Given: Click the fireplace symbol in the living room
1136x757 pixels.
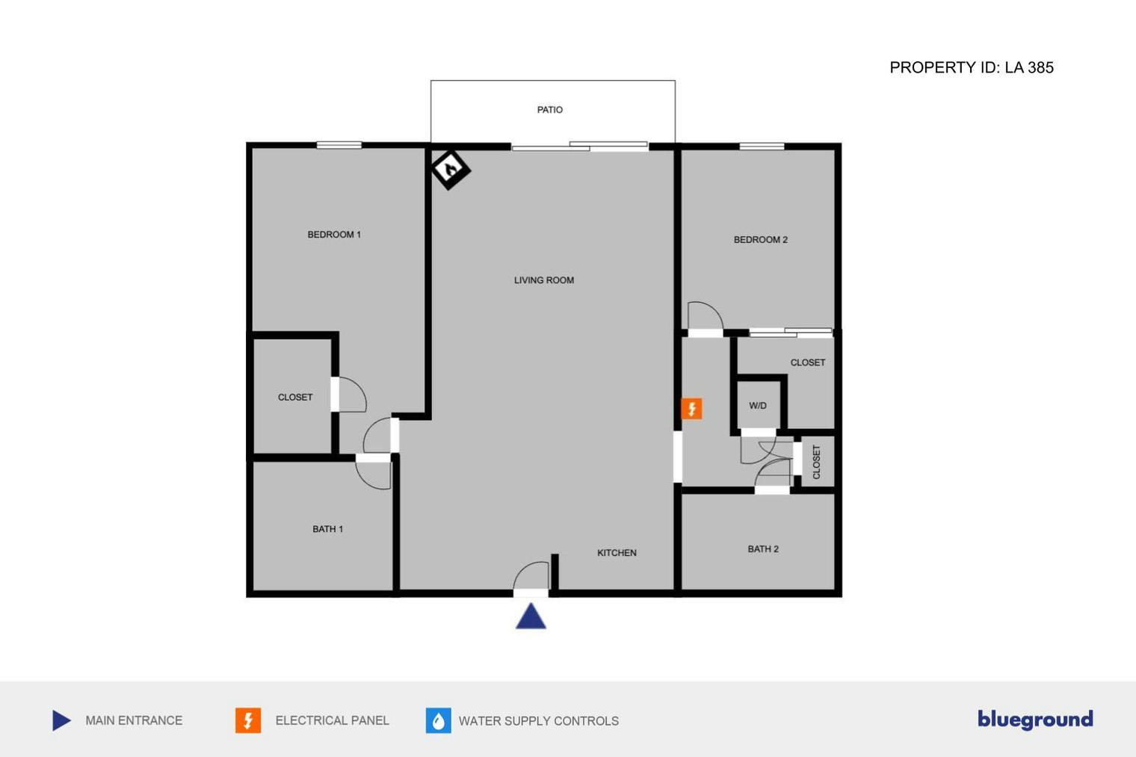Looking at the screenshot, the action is coord(451,170).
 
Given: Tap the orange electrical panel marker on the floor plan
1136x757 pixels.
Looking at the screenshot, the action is coord(692,409).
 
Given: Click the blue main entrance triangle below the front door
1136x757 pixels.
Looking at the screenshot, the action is coord(531,616).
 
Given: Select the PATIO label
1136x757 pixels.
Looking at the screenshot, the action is coord(550,110).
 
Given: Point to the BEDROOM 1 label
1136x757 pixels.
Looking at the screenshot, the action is coord(333,235).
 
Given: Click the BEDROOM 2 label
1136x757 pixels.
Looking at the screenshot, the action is coord(761,240).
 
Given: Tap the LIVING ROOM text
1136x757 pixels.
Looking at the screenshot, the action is coord(543,280).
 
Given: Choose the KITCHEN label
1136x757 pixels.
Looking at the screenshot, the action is coord(617,553).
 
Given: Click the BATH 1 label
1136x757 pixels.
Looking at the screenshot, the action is coord(327,529).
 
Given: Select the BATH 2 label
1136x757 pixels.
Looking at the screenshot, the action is coord(763,549).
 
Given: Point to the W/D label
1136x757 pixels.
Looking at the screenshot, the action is coord(758,406).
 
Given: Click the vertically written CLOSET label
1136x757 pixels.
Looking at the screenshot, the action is coord(816,461).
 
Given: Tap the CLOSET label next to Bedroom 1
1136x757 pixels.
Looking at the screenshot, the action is coord(295,397).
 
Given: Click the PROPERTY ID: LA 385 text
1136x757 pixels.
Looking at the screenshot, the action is coord(972,67).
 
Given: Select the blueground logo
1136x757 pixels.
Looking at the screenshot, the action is coord(1036,720).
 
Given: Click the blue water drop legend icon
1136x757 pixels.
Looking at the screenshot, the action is coord(438,720).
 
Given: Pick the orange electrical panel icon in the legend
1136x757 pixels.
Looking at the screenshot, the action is coord(248,720).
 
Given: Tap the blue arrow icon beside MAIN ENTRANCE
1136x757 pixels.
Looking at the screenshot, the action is coord(61,720).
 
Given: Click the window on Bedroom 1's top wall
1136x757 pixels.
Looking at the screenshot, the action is coord(339,146).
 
